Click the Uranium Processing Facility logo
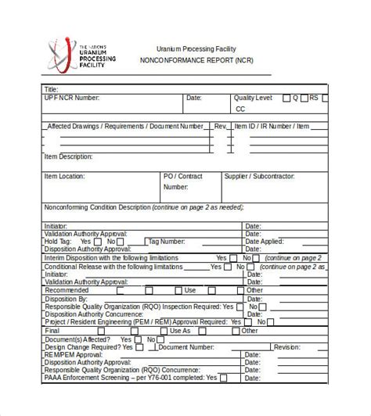pyautogui.click(x=81, y=54)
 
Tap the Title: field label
pyautogui.click(x=52, y=89)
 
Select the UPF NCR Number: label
pyautogui.click(x=72, y=99)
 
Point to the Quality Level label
pyautogui.click(x=254, y=99)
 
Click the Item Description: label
pyautogui.click(x=68, y=156)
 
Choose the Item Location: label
pyautogui.click(x=64, y=177)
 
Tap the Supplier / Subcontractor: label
pyautogui.click(x=259, y=177)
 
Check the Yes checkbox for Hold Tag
pyautogui.click(x=97, y=242)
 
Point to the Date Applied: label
pyautogui.click(x=264, y=242)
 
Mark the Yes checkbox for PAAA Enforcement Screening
pyautogui.click(x=223, y=378)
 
